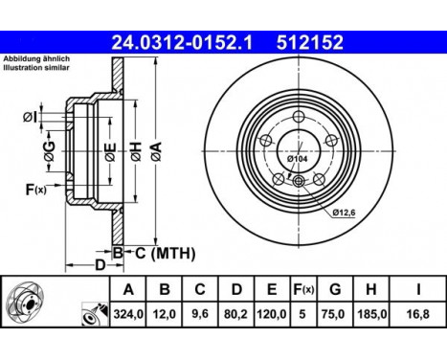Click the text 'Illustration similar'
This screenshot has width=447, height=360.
pos(36,70)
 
